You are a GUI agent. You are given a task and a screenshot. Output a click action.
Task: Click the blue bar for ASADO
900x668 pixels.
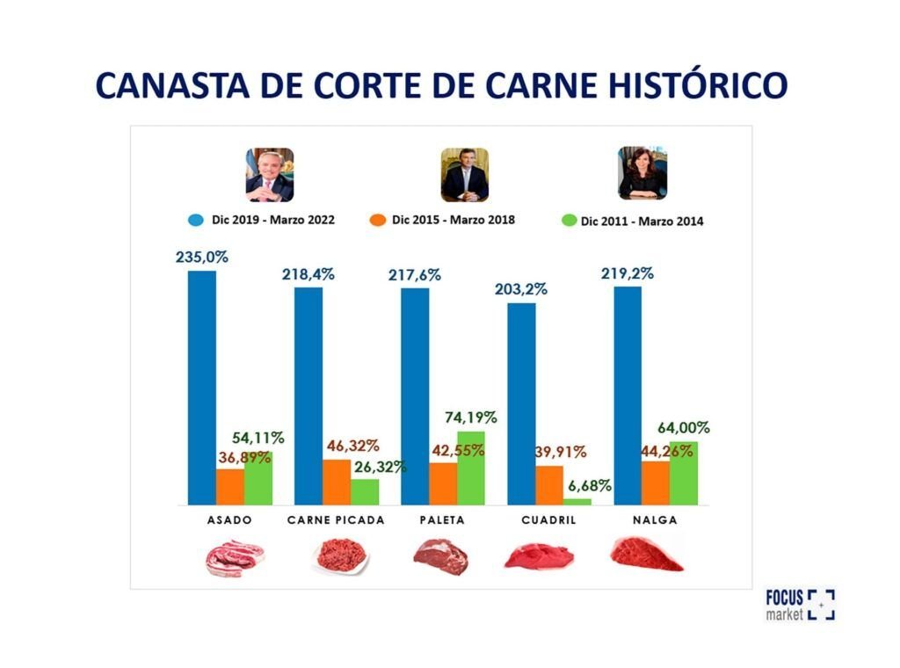[201, 387]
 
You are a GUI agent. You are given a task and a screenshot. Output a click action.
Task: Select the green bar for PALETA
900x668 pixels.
[471, 468]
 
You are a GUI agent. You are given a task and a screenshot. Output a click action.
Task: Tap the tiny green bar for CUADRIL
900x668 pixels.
[577, 501]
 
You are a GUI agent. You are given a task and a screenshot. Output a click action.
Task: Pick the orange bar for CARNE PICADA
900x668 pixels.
[337, 482]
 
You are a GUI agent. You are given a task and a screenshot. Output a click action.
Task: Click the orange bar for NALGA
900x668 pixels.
[655, 483]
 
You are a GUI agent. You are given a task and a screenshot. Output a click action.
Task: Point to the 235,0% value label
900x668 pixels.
[201, 258]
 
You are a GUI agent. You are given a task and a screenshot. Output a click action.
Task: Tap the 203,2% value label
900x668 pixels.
[520, 288]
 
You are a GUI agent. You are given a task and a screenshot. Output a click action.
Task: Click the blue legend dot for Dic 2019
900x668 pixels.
[195, 220]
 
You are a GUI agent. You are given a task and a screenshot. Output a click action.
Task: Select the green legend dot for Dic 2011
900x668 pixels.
[569, 221]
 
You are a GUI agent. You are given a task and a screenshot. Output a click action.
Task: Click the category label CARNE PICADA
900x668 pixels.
[336, 519]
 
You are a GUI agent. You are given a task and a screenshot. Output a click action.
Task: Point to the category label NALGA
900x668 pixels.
[655, 519]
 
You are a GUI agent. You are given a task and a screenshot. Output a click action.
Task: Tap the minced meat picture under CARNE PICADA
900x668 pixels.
[339, 557]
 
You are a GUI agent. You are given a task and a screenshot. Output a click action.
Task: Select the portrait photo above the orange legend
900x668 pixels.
[464, 175]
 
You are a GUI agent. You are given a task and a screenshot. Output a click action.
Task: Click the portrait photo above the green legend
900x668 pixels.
[642, 174]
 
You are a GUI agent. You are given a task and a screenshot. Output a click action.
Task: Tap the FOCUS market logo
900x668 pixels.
[800, 605]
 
